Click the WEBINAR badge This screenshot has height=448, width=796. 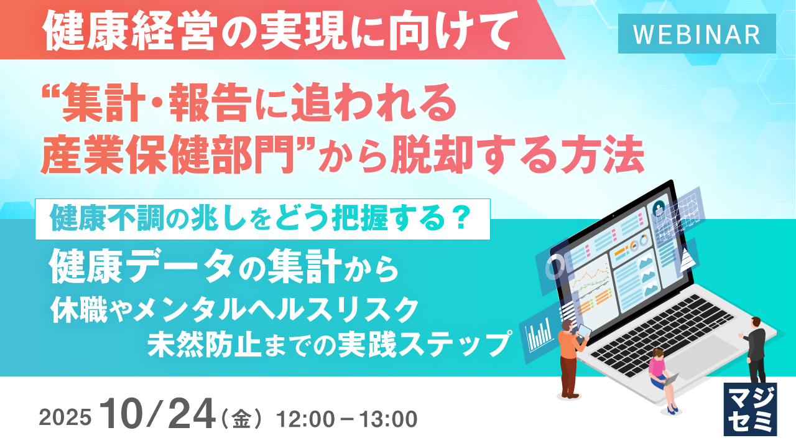coord(696,34)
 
